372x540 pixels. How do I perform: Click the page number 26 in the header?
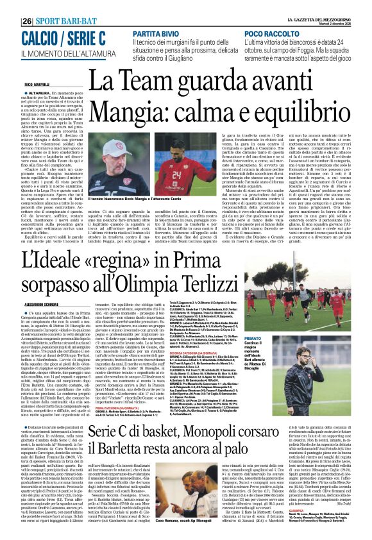pyautogui.click(x=28, y=21)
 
